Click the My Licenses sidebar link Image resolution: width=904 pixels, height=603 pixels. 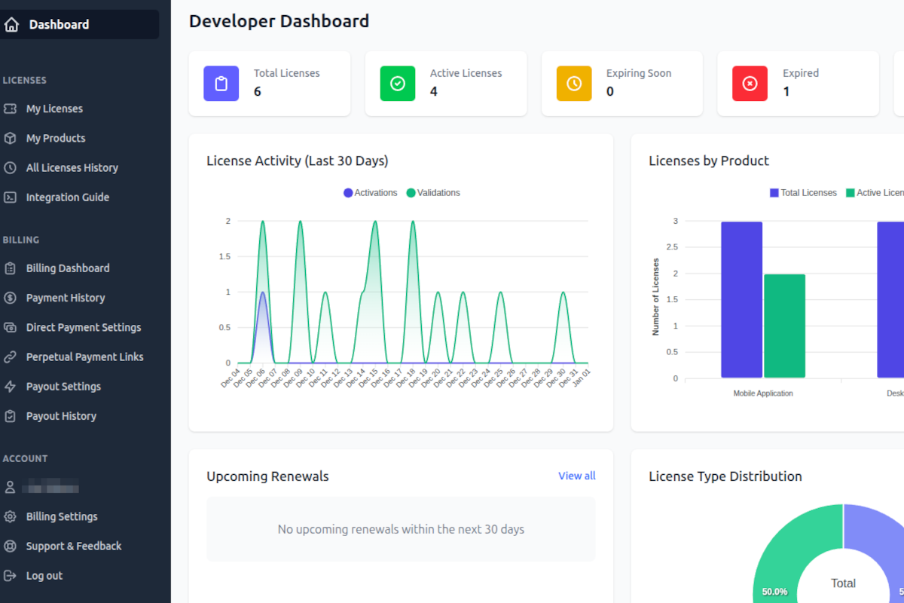54,109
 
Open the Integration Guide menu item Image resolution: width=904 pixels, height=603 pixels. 67,197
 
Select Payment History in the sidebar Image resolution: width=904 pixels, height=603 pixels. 65,298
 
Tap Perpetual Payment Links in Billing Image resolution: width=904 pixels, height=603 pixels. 84,357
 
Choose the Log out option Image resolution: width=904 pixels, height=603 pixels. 44,576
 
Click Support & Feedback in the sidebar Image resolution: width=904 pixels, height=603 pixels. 73,546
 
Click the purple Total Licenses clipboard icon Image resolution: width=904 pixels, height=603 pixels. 221,84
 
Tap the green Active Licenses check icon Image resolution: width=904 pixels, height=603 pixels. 397,84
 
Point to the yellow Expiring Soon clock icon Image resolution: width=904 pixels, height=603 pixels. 573,84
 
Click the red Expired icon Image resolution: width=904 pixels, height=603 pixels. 750,84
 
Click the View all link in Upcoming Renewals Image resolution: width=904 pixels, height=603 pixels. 576,476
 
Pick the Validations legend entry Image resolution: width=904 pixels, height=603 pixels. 433,193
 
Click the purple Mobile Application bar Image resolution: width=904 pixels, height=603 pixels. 741,299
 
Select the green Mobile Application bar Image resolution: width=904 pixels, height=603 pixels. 784,326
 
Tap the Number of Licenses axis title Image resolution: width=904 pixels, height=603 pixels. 655,297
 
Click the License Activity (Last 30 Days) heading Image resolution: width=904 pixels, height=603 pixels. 297,161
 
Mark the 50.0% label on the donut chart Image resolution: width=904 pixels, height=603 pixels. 774,592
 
